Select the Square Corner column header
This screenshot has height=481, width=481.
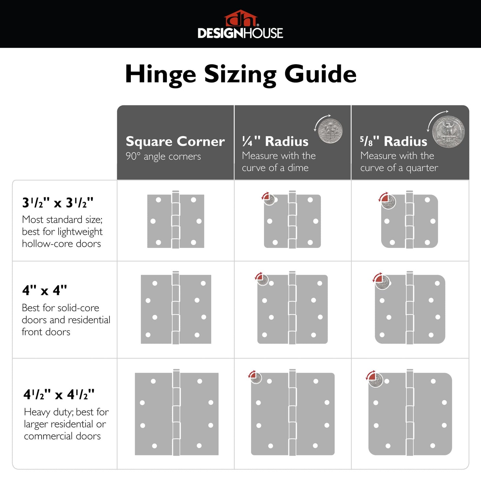pos(175,141)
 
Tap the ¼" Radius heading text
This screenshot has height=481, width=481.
pos(275,141)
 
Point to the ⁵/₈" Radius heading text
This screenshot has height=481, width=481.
pos(393,141)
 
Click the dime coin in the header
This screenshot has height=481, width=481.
pos(330,131)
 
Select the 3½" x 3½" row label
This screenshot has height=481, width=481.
pos(58,203)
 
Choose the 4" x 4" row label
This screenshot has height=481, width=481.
pos(45,290)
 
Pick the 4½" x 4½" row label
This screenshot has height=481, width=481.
pos(59,395)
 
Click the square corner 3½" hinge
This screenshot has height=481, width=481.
pos(176,221)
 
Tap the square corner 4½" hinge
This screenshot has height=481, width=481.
pos(176,414)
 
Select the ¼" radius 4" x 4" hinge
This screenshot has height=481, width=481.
pos(292,309)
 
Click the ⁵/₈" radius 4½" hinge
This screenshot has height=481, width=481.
pos(410,414)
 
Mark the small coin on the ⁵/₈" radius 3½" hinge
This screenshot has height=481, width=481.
pos(388,202)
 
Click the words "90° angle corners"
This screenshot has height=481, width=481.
pos(163,156)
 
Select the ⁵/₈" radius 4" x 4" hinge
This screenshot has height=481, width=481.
pos(410,309)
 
